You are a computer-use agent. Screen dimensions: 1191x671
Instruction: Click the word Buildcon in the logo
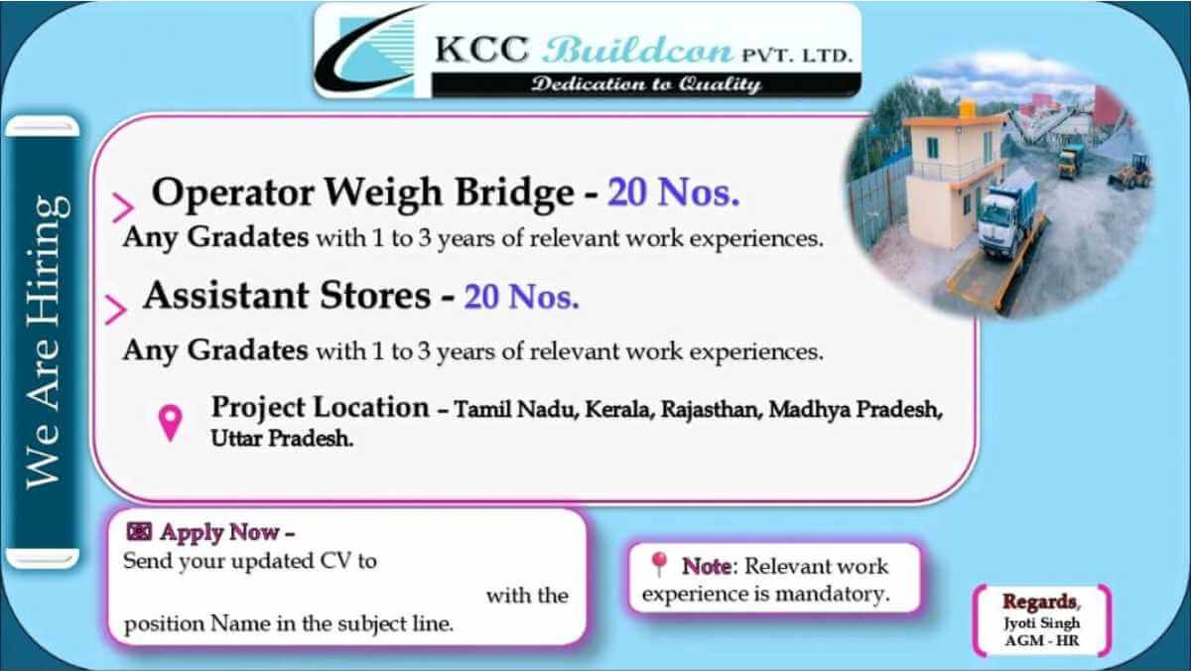click(637, 51)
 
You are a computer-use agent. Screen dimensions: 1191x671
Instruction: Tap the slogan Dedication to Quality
click(646, 84)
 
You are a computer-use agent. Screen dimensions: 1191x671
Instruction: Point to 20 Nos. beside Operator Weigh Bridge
click(674, 193)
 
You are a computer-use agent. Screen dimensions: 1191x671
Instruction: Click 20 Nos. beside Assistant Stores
click(522, 297)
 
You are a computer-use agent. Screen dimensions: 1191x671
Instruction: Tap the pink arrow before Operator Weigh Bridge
click(123, 207)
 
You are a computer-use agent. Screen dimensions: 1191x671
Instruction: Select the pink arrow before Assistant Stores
click(115, 310)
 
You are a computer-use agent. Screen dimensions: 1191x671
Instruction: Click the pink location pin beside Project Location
click(170, 423)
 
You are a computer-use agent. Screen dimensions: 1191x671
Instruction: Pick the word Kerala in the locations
click(619, 410)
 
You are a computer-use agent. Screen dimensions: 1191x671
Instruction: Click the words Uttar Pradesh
click(282, 439)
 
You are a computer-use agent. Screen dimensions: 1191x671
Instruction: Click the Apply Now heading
click(227, 532)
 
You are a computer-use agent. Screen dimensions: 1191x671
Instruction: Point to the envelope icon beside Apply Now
click(139, 531)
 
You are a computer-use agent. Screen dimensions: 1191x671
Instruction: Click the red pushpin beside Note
click(659, 564)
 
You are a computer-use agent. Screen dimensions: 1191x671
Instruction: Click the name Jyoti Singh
click(1041, 623)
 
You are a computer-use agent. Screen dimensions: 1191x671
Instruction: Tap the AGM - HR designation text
click(1042, 640)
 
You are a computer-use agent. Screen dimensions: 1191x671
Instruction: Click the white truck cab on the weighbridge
click(999, 220)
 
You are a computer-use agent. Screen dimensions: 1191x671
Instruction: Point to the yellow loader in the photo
click(1129, 172)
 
